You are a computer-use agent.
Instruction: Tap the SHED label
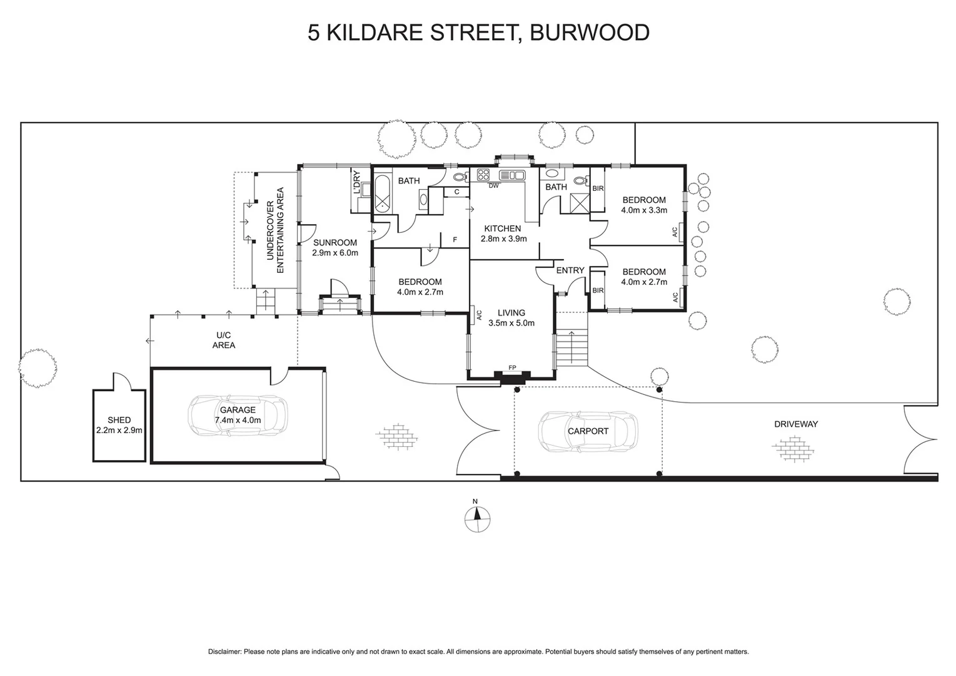pos(119,420)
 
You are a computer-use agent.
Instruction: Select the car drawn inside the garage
pos(238,415)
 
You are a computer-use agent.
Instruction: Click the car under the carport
pos(588,431)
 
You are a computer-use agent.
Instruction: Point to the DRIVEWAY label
pos(795,424)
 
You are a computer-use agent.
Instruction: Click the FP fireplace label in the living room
pos(512,367)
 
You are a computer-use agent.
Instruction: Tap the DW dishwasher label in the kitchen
pos(493,185)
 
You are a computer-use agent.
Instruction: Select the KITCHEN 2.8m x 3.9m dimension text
pos(503,238)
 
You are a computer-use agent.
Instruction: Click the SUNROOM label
pos(335,243)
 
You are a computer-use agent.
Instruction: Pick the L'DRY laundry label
pos(357,182)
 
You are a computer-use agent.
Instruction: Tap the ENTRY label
pos(570,270)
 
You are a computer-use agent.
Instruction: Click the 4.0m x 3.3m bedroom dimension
pos(643,210)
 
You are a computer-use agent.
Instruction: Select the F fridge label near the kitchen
pos(455,239)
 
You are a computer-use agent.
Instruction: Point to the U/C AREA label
pos(223,341)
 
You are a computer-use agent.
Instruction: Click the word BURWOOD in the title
pos(589,33)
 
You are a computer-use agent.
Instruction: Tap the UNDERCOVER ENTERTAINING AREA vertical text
pos(275,230)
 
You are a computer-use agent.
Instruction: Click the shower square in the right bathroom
pos(579,202)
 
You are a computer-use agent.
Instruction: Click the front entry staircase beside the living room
pos(571,347)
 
